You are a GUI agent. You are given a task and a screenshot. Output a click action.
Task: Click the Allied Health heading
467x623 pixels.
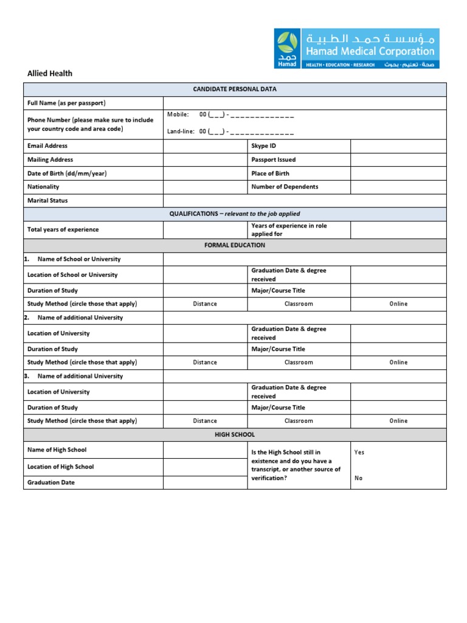[x=50, y=74]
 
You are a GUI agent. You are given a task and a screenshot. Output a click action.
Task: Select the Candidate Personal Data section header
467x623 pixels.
[x=235, y=89]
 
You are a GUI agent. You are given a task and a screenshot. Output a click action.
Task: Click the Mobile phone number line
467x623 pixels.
[x=246, y=114]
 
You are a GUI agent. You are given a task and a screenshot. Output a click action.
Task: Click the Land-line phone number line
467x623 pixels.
[x=246, y=131]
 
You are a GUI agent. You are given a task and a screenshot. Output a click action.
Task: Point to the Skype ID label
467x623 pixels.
[x=263, y=146]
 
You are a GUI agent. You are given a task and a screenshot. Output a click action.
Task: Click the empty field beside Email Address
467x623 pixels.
[x=205, y=146]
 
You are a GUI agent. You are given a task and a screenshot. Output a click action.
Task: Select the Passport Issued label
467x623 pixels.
[x=274, y=160]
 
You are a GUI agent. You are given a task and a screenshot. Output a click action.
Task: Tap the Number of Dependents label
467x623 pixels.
[x=285, y=187]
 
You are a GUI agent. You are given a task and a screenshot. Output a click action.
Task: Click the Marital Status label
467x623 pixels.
[x=47, y=201]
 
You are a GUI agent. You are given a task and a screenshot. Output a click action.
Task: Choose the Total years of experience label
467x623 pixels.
[x=63, y=230]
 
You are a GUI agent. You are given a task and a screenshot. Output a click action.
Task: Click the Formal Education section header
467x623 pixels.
[x=235, y=246]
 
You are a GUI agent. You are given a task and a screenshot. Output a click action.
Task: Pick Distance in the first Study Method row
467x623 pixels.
[x=205, y=304]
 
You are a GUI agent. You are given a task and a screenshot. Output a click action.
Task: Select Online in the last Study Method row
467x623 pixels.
[x=398, y=421]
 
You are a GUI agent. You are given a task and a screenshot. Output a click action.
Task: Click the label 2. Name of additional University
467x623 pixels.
[x=74, y=318]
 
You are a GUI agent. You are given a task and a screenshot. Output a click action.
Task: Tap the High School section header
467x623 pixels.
[x=235, y=435]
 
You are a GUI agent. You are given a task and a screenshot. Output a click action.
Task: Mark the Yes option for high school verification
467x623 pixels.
[x=359, y=453]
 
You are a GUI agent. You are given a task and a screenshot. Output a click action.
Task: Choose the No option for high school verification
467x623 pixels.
[x=358, y=478]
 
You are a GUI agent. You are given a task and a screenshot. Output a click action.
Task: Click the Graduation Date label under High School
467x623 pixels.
[x=51, y=482]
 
